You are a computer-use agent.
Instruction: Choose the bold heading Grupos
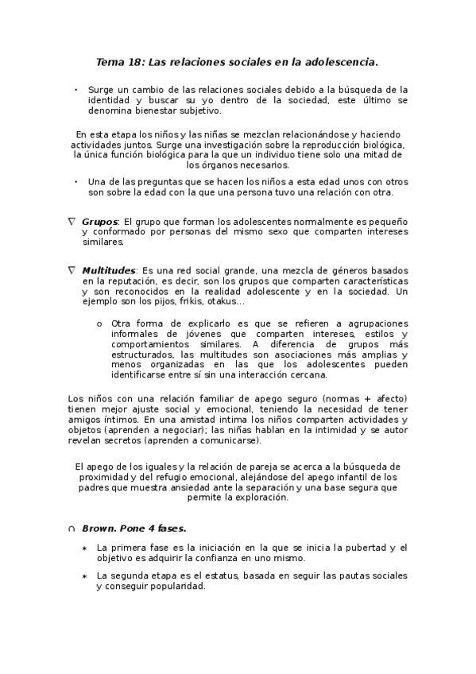(99, 221)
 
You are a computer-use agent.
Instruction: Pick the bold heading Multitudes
(108, 271)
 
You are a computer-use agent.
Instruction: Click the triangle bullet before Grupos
(72, 221)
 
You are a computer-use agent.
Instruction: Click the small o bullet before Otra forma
(99, 323)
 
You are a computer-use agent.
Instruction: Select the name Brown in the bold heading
(99, 527)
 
